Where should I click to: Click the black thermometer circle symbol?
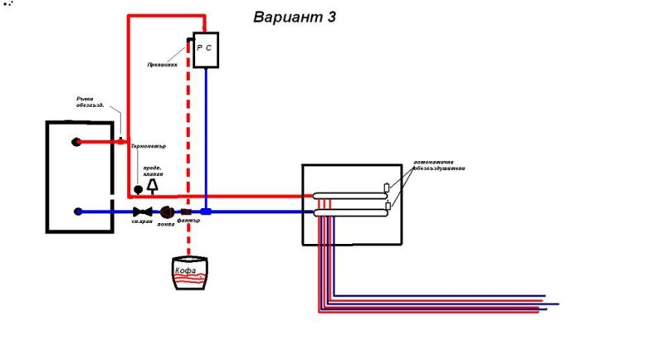tap(139, 190)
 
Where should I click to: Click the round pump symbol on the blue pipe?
tap(166, 212)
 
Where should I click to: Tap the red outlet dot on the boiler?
tap(77, 142)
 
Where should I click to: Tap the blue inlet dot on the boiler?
tap(77, 212)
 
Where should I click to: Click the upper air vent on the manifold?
tap(387, 188)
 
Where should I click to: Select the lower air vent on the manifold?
tap(387, 205)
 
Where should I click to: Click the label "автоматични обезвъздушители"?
tap(440, 164)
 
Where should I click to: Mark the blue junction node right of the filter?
tap(206, 212)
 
